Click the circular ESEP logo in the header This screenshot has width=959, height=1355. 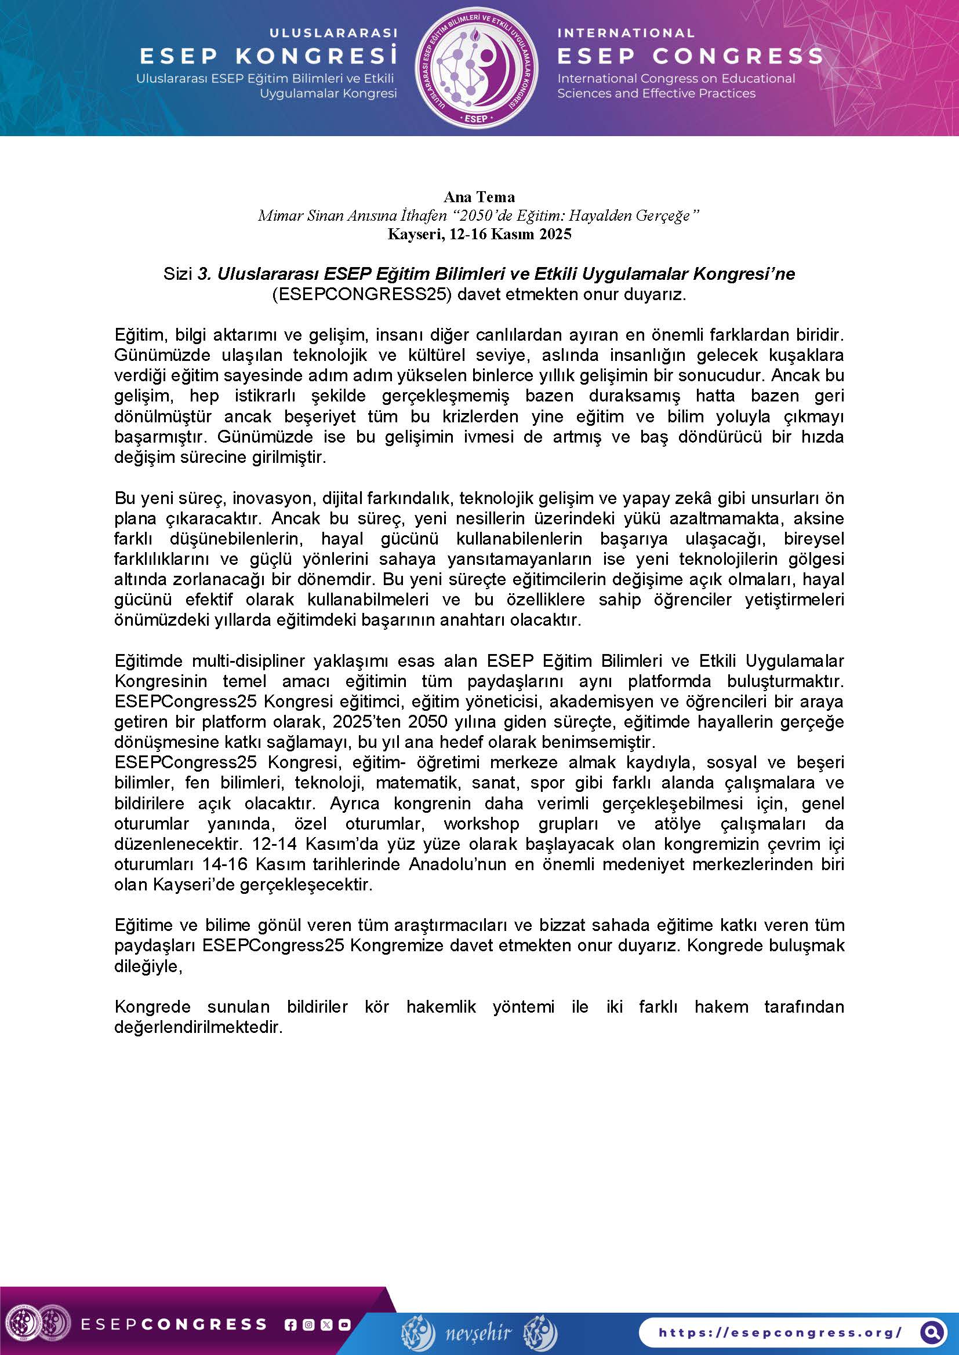tap(476, 68)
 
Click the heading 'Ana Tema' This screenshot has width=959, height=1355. tap(479, 196)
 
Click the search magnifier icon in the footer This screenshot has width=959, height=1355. tap(932, 1332)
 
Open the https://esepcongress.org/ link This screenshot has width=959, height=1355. tap(779, 1332)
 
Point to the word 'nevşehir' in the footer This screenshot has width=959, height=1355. tap(478, 1332)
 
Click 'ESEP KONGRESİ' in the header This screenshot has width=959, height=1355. tap(268, 56)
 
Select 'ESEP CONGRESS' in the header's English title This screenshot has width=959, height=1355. tap(690, 56)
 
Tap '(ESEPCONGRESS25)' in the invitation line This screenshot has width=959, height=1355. tap(361, 294)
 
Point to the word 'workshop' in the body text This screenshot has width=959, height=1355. tap(481, 824)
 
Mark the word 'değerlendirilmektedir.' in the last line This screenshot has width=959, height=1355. tap(198, 1027)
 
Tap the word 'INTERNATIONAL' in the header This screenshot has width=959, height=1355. tap(626, 33)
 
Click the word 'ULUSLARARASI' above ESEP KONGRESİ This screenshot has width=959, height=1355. tap(333, 33)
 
